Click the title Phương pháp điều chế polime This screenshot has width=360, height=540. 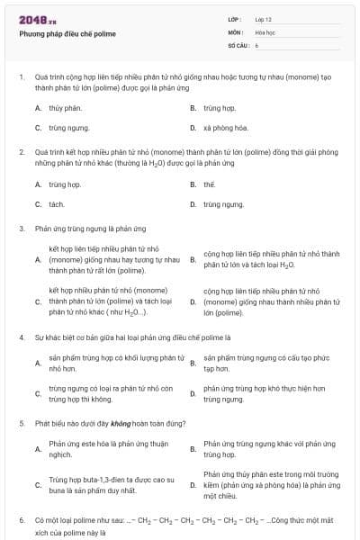tap(67, 34)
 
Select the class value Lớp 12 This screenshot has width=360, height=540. tap(263, 19)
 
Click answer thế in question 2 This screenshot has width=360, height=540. tap(209, 184)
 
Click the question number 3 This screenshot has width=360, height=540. tap(21, 229)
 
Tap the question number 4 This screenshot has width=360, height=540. tap(21, 337)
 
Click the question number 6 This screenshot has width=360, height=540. tap(21, 519)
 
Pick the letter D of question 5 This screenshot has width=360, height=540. tap(193, 485)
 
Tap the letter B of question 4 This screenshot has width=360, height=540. tap(193, 363)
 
